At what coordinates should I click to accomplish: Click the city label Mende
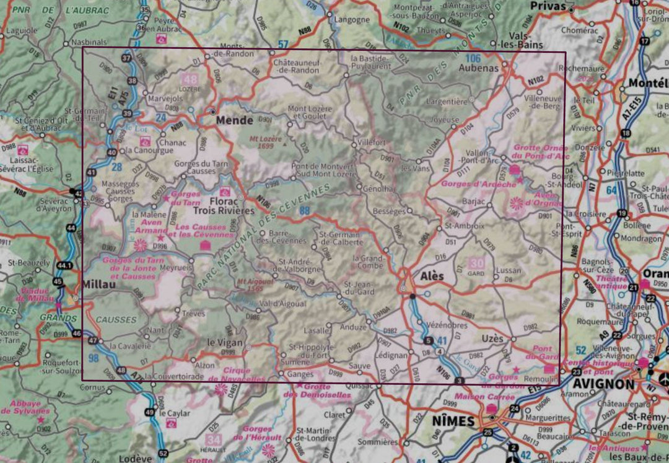pyautogui.click(x=234, y=121)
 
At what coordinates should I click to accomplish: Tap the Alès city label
pyautogui.click(x=432, y=276)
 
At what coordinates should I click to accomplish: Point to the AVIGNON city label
pyautogui.click(x=603, y=384)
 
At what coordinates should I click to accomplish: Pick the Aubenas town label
pyautogui.click(x=478, y=68)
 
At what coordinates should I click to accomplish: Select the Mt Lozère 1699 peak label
pyautogui.click(x=266, y=143)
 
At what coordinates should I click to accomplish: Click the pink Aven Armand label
pyautogui.click(x=147, y=226)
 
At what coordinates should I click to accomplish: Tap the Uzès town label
pyautogui.click(x=492, y=338)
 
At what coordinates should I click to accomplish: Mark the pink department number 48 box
pyautogui.click(x=190, y=79)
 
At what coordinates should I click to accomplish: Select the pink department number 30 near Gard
pyautogui.click(x=477, y=263)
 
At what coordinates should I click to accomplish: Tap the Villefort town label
pyautogui.click(x=372, y=141)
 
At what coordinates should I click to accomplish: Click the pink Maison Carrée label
pyautogui.click(x=477, y=396)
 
